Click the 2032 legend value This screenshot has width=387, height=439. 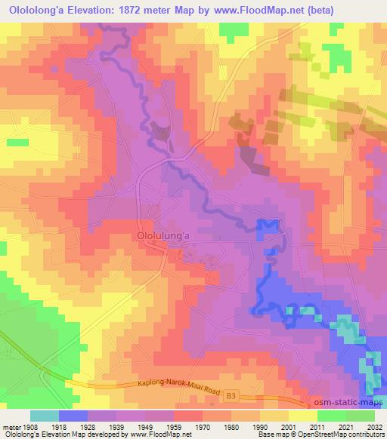(x=373, y=425)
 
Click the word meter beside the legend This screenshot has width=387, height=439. (x=12, y=425)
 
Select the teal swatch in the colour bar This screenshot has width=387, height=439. (x=45, y=416)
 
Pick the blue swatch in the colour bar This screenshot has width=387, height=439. (x=73, y=416)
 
